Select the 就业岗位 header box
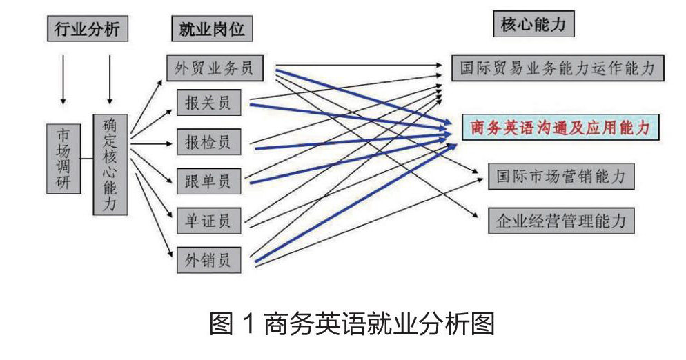[x=208, y=29]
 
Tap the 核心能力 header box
[x=533, y=25]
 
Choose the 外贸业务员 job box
[x=220, y=68]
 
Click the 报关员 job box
[x=209, y=103]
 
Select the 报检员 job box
[x=209, y=142]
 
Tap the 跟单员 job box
[x=209, y=182]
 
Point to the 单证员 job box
[x=209, y=221]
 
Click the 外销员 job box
[x=209, y=260]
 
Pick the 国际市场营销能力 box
[x=560, y=177]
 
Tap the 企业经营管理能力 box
[x=560, y=221]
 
